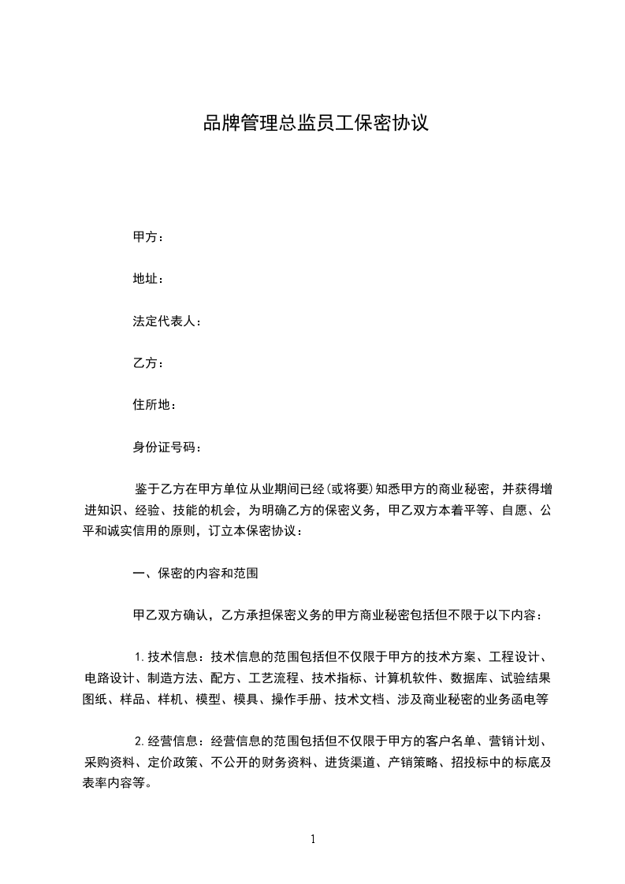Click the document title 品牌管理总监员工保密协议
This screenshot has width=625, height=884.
pyautogui.click(x=316, y=124)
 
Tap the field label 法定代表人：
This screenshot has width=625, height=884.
pyautogui.click(x=167, y=321)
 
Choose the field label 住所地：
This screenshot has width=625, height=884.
pyautogui.click(x=154, y=405)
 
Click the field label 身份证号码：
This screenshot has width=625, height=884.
pyautogui.click(x=167, y=448)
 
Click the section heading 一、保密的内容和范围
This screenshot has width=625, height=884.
pyautogui.click(x=195, y=574)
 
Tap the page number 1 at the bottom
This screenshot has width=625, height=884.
pyautogui.click(x=313, y=838)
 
